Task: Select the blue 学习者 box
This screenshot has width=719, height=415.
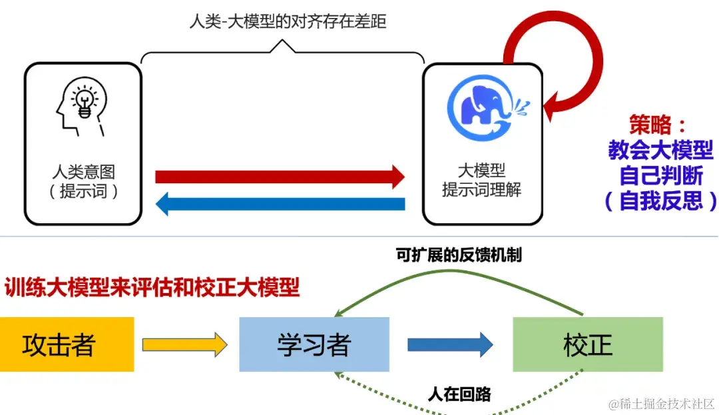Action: click(x=314, y=344)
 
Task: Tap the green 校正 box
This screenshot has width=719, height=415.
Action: click(x=587, y=344)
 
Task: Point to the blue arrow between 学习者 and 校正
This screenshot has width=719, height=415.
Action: click(x=450, y=344)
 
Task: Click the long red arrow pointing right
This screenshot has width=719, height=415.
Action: click(x=280, y=177)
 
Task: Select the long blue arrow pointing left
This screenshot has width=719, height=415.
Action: click(x=280, y=203)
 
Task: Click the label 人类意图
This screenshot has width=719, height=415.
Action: click(x=83, y=173)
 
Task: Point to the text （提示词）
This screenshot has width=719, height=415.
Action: click(x=83, y=192)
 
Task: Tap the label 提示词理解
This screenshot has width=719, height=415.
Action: click(x=481, y=190)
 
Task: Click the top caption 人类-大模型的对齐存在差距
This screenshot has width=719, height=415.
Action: click(x=288, y=21)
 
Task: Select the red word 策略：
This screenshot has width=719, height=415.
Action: click(x=657, y=125)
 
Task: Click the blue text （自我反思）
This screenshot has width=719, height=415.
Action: click(x=660, y=201)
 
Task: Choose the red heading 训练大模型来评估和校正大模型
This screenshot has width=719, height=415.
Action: click(x=152, y=288)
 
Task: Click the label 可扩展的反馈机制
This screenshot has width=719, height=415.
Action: click(x=458, y=256)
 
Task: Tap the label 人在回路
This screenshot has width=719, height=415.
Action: click(x=459, y=394)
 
